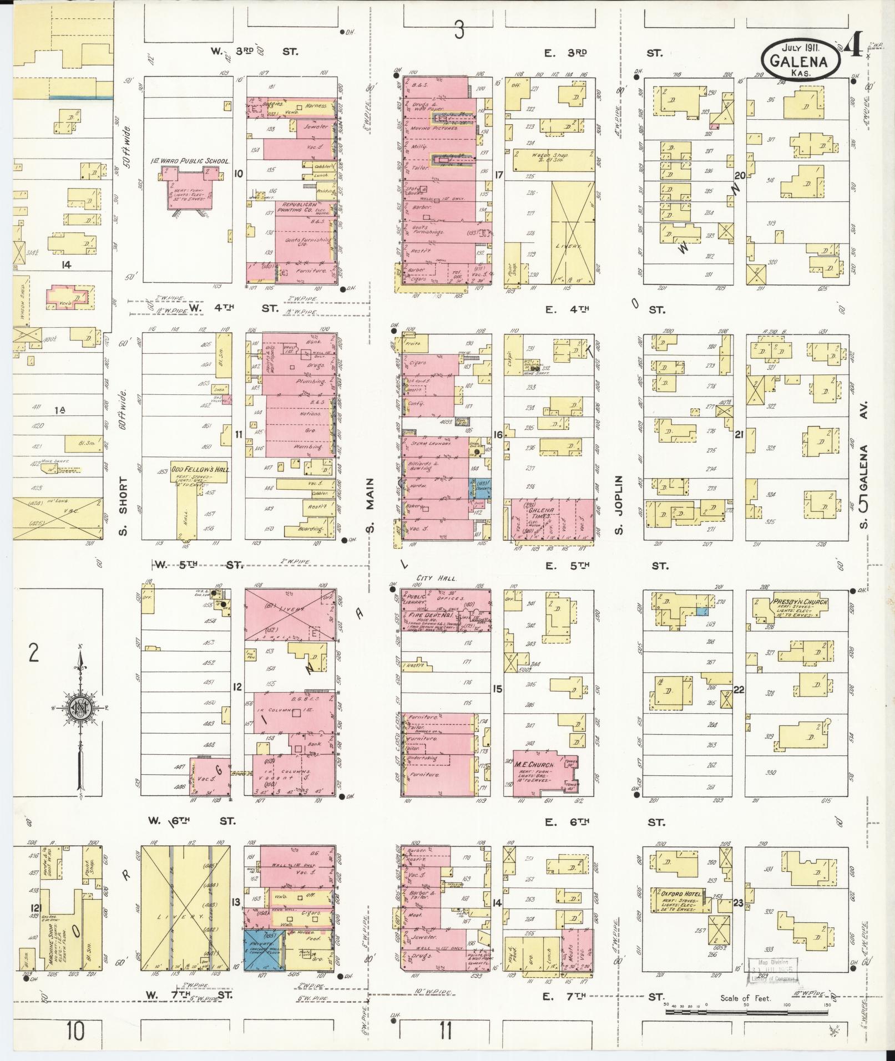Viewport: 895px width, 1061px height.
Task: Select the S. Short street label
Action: point(123,506)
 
